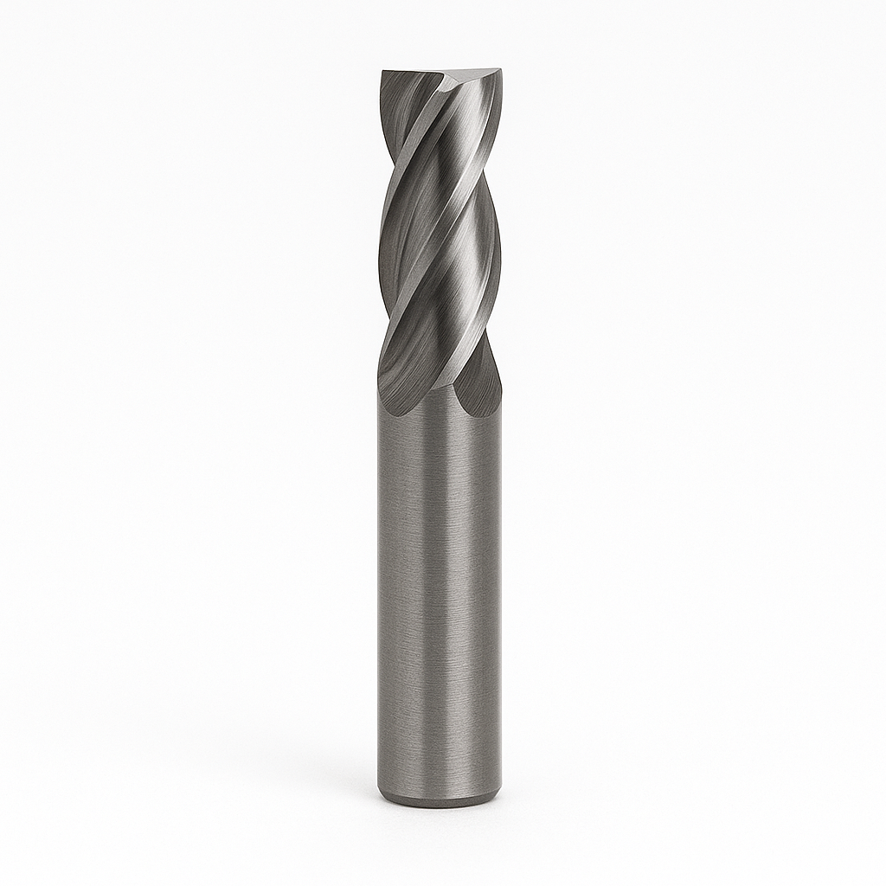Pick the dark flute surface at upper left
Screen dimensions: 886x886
[400, 112]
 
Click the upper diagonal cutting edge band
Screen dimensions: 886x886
[424, 147]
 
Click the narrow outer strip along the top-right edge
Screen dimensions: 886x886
[496, 130]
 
